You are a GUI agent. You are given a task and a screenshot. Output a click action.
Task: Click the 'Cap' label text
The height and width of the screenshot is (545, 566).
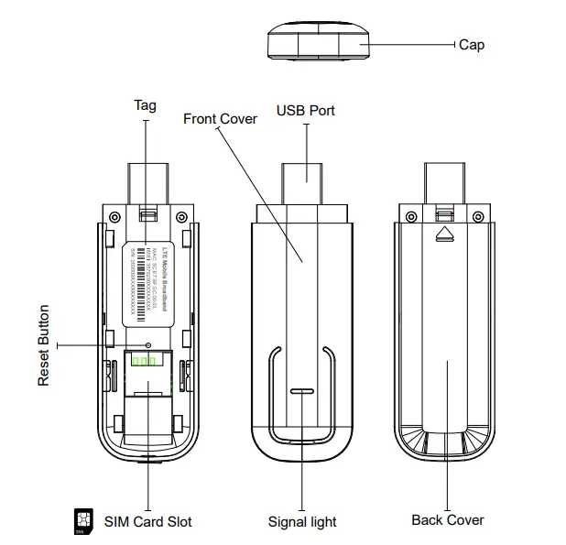[472, 45]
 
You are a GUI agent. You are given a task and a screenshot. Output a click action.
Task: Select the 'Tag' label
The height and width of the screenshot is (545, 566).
[145, 105]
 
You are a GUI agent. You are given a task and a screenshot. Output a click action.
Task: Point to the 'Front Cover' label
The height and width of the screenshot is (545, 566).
[220, 119]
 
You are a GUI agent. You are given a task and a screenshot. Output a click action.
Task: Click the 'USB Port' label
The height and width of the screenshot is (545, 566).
[306, 111]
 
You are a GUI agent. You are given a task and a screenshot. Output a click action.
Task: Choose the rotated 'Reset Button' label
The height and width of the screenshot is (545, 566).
[44, 345]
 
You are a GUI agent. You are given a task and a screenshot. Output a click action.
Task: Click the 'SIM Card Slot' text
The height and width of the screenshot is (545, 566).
[148, 521]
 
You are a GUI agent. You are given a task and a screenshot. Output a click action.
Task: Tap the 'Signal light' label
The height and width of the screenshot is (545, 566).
[302, 522]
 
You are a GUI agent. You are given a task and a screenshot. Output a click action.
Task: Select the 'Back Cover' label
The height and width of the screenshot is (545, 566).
[447, 520]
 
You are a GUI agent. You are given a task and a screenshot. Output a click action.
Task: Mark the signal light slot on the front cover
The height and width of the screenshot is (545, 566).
[302, 390]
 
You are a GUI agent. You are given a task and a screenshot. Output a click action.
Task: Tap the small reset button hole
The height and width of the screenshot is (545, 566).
[148, 345]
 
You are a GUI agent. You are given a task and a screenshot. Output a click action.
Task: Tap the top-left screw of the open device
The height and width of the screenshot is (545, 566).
[113, 217]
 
